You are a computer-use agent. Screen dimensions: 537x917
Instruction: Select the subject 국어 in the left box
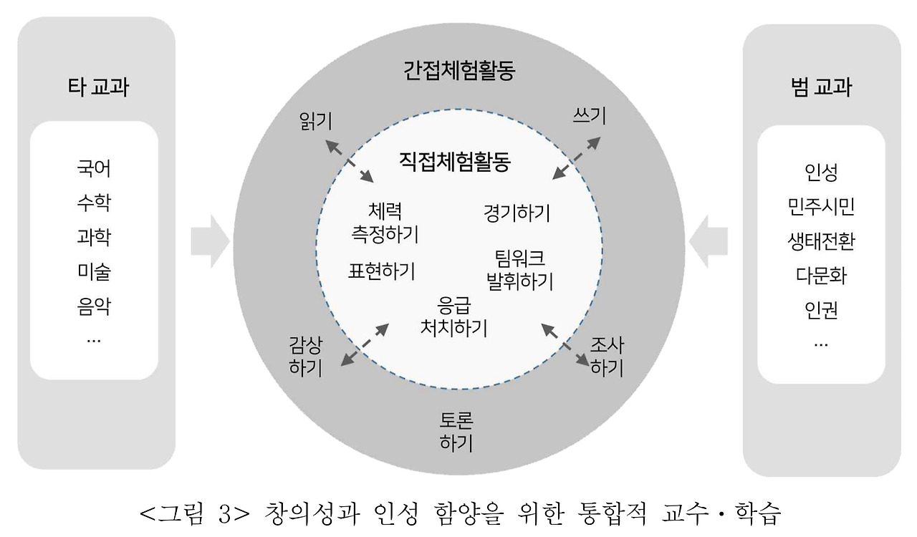94,170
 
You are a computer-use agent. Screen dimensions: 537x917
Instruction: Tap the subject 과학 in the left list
94,237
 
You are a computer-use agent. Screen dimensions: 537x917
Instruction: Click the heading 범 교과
821,88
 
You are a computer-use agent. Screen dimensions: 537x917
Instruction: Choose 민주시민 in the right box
821,207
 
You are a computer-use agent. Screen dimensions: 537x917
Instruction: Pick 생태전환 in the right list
821,241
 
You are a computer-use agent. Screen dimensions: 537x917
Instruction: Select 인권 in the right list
821,310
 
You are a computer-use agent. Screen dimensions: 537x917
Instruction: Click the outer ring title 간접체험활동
459,72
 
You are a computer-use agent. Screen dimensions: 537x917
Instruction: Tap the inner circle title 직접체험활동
454,161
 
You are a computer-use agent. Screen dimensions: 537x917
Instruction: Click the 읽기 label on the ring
316,120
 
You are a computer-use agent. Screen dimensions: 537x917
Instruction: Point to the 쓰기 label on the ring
590,115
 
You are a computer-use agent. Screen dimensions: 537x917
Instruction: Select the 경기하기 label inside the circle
517,213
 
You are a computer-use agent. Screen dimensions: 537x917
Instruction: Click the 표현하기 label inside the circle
382,271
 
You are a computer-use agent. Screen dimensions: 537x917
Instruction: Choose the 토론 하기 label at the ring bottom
456,432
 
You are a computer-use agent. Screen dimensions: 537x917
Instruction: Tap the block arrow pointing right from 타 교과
209,241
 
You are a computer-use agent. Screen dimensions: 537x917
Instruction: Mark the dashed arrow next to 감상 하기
365,344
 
